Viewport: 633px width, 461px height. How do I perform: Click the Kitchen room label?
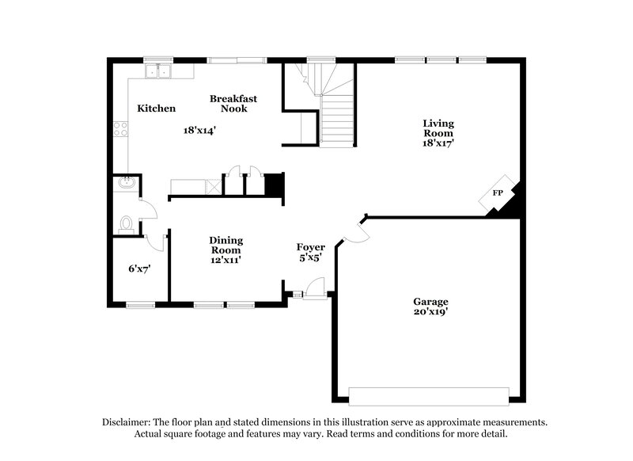[157, 109]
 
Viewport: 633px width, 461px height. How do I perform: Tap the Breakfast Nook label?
[233, 104]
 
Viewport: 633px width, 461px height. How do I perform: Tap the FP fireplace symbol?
[498, 193]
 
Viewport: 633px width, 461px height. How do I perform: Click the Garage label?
[430, 302]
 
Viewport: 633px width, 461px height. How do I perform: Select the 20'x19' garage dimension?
[430, 312]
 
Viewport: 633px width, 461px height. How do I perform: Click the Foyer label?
[311, 248]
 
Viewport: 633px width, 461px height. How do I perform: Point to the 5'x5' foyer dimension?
[311, 258]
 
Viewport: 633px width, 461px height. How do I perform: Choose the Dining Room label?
[226, 246]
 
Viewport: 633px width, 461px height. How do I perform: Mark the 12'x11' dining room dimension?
[226, 259]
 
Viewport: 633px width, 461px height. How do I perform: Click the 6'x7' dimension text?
[139, 269]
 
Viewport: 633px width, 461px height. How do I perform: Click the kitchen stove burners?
[121, 129]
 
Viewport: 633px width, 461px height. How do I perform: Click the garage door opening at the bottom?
[429, 396]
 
